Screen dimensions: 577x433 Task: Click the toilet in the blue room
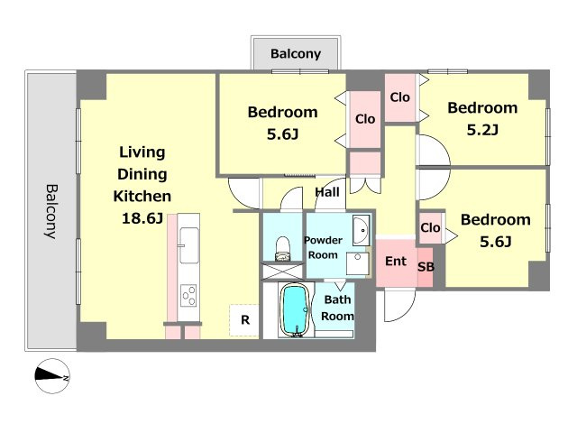(x=283, y=249)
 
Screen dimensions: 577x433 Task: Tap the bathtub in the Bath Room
(x=295, y=310)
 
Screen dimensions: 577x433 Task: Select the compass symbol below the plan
(x=52, y=376)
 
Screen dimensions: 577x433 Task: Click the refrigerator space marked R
(x=244, y=320)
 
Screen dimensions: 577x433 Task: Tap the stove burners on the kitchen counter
(x=188, y=295)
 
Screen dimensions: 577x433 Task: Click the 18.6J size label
(x=142, y=218)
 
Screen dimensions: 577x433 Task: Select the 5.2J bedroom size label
(x=482, y=130)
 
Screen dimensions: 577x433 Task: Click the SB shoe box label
(x=426, y=267)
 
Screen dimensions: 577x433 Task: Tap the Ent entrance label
(x=396, y=261)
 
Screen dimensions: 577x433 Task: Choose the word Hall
(x=327, y=192)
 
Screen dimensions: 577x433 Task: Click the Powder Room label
(x=323, y=247)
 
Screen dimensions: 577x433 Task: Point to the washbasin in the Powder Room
(x=361, y=231)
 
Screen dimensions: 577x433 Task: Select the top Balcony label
(x=296, y=54)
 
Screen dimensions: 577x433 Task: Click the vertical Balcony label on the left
(x=51, y=212)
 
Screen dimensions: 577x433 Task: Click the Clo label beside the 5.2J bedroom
(x=400, y=97)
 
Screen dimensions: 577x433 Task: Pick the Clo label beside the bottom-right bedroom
(x=430, y=227)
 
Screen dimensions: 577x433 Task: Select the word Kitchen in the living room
(x=142, y=197)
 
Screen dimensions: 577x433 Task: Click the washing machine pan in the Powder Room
(x=357, y=263)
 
